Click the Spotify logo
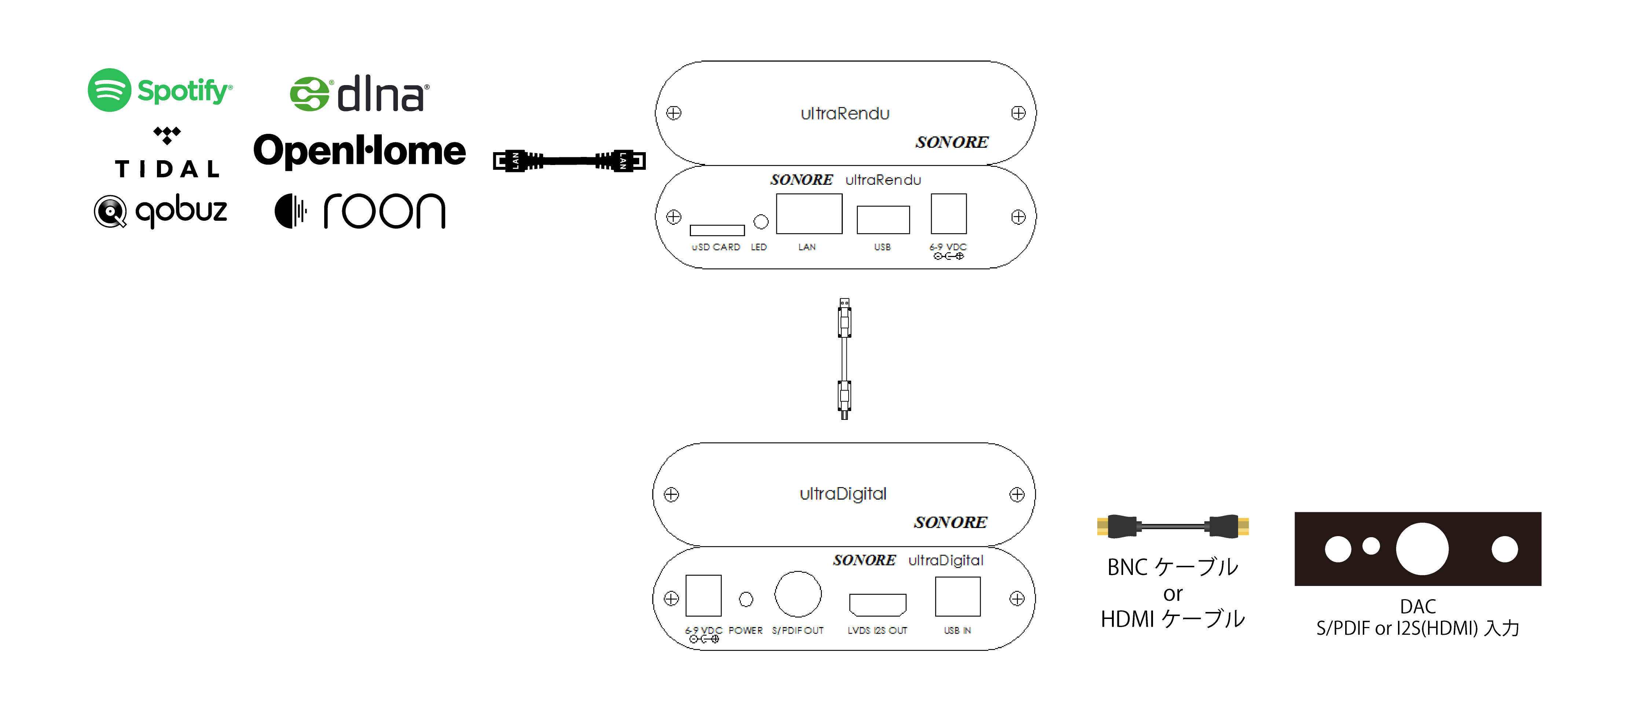point(160,90)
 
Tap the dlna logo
point(359,94)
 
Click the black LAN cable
point(569,161)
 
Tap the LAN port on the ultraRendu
point(809,214)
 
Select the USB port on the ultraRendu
point(882,219)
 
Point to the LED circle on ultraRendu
point(761,222)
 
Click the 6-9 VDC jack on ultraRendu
point(948,214)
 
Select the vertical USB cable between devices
point(844,359)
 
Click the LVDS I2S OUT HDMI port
point(878,604)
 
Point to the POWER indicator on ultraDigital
point(746,599)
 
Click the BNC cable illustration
point(1173,526)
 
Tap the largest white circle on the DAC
point(1422,549)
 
